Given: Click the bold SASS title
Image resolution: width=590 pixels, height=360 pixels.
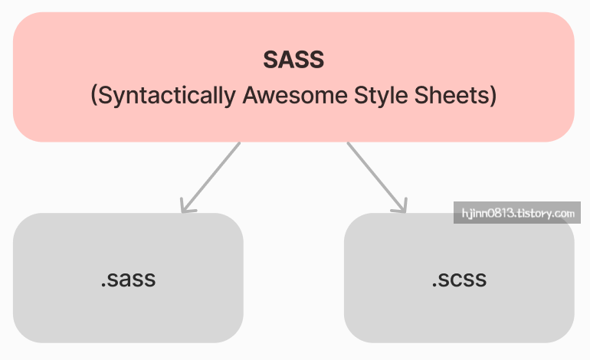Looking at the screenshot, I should pos(293,59).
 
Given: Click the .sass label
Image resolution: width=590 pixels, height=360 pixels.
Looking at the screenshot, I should pos(128,279).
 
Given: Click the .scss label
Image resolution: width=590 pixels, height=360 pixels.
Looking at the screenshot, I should pos(458,279).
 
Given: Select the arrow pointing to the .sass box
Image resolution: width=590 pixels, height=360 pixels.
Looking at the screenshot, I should pos(211,176).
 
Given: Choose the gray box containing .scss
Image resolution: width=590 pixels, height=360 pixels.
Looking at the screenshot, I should pos(458,314).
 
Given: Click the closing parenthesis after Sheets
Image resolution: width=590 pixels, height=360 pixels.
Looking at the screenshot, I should pos(493,97).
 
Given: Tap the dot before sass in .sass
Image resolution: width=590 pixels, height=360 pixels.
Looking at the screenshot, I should pos(103,286).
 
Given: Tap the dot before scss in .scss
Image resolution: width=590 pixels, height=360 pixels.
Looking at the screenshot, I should pos(434,286).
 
